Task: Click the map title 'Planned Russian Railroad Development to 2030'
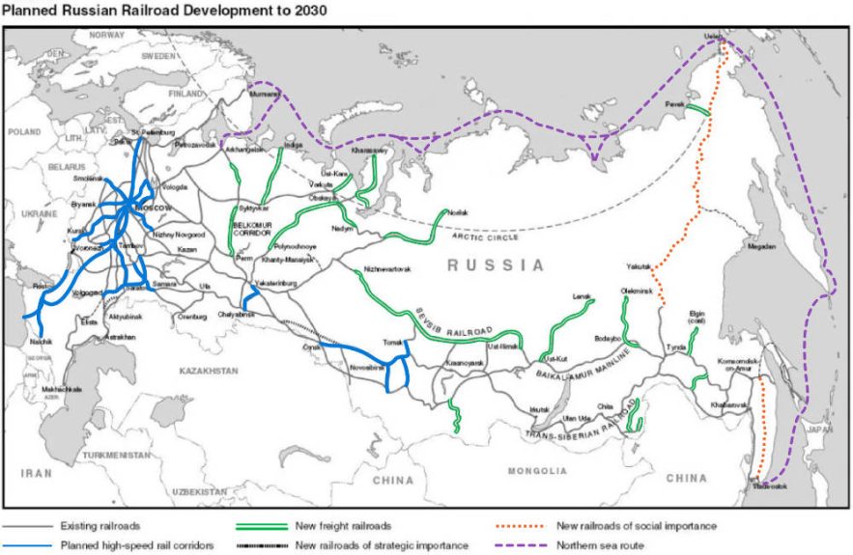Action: (x=163, y=11)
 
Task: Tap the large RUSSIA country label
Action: (x=496, y=264)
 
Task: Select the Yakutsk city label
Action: (x=638, y=265)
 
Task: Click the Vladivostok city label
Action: (x=769, y=486)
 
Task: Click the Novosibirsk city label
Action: (x=366, y=368)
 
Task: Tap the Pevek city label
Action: (x=676, y=104)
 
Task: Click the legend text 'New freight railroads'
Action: (x=343, y=526)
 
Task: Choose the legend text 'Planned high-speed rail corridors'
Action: (x=136, y=545)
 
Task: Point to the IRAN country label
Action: (x=36, y=474)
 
